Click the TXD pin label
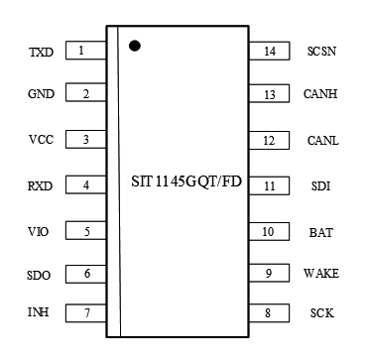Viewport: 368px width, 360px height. [42, 52]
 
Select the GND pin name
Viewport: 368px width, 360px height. [42, 95]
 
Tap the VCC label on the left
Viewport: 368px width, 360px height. [42, 140]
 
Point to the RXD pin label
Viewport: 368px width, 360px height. [42, 185]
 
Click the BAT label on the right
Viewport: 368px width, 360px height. [320, 233]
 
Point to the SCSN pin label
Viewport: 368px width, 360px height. [321, 52]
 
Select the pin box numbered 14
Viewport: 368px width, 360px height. [269, 50]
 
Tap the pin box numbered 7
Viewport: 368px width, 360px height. [85, 313]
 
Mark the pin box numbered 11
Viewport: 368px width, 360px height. [269, 185]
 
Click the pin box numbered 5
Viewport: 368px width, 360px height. [85, 232]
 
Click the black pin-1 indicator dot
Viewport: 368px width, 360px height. [134, 45]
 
